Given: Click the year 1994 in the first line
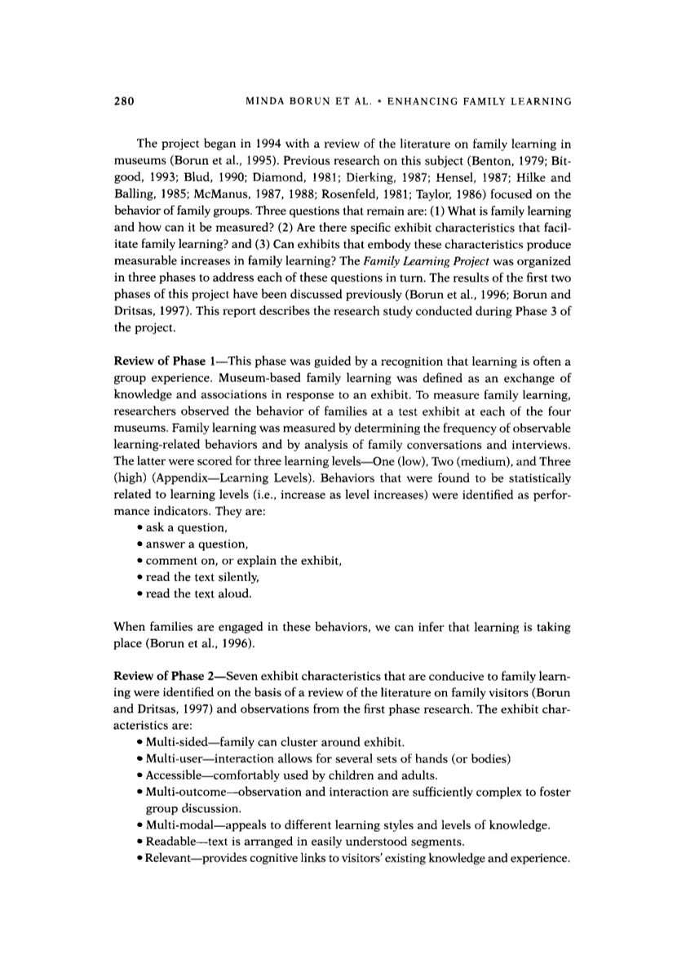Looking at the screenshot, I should pyautogui.click(x=290, y=149).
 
